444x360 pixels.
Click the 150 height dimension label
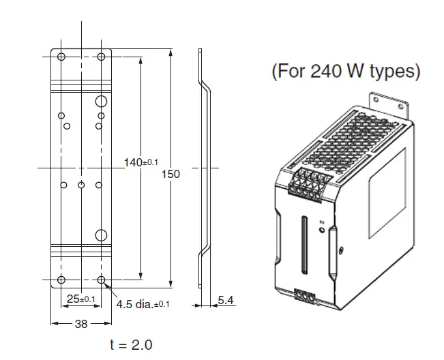point(171,174)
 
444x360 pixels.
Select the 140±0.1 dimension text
point(141,162)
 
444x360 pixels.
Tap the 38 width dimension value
point(81,324)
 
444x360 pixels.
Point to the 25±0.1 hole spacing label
point(81,299)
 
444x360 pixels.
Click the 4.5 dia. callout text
point(143,304)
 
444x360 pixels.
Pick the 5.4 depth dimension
point(226,300)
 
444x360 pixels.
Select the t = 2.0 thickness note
point(131,345)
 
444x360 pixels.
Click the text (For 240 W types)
point(346,71)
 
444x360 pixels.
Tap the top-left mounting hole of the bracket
point(61,57)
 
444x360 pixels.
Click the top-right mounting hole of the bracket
point(101,57)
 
